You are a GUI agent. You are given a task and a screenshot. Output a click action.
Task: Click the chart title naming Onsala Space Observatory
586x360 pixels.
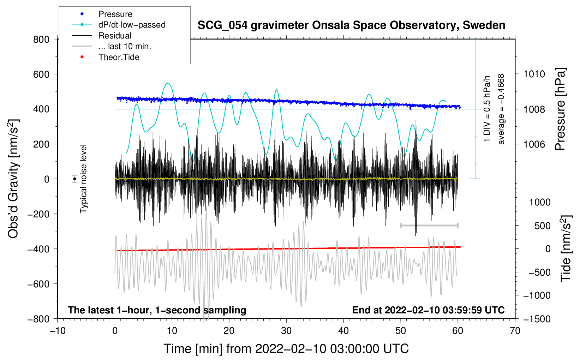tap(351, 25)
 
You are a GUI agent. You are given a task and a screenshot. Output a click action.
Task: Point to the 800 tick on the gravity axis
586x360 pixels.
tap(41, 40)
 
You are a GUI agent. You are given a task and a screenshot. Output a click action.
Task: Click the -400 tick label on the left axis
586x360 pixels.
tap(38, 249)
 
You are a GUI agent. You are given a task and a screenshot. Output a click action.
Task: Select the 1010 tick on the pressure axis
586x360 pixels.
tap(534, 74)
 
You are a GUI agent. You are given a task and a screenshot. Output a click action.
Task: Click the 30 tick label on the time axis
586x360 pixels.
tap(286, 331)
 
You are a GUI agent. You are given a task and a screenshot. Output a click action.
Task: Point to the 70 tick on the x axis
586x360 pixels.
tap(515, 331)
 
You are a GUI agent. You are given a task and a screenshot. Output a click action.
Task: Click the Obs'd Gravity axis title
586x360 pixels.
tap(13, 179)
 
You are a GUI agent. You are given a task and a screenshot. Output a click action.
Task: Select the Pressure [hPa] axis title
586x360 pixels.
tap(560, 109)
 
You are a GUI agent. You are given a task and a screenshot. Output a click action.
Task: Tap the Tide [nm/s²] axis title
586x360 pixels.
tap(566, 248)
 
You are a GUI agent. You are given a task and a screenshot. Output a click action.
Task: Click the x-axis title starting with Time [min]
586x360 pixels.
tap(286, 349)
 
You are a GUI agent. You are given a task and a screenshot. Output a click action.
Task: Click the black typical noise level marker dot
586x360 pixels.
tap(75, 179)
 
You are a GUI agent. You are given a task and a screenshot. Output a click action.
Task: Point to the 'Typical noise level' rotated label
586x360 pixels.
tap(83, 179)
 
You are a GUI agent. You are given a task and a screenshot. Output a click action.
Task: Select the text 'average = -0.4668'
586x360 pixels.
tap(501, 109)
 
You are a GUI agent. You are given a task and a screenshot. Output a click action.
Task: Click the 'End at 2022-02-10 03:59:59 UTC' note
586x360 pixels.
tap(428, 310)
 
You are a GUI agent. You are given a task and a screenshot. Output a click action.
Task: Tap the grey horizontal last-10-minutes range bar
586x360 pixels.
tap(429, 225)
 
